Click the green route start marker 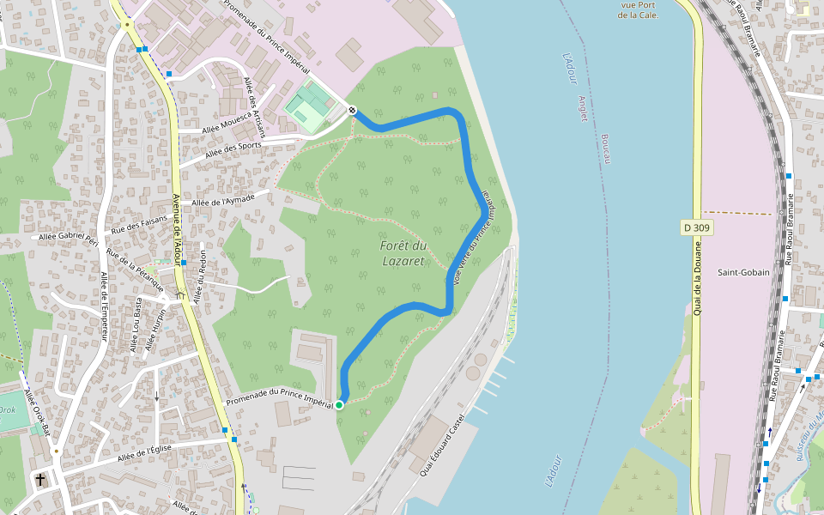(339, 404)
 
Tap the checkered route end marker (352, 109)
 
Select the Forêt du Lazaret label (403, 253)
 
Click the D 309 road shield (697, 227)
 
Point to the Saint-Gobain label (743, 272)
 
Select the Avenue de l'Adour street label (178, 221)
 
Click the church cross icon (39, 479)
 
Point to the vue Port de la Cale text (638, 9)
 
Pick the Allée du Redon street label (202, 277)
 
